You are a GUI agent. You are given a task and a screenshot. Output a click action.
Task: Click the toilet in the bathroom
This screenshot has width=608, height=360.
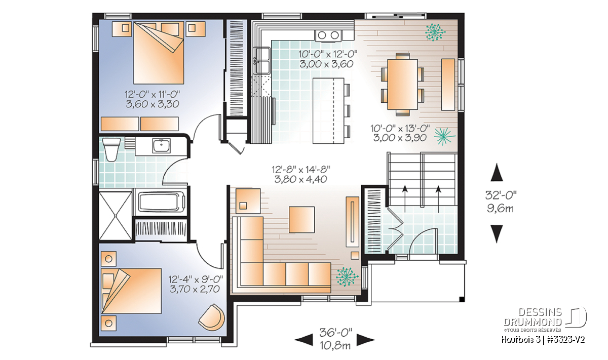pyautogui.click(x=112, y=149)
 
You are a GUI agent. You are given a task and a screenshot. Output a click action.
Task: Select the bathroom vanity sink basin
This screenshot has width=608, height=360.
pyautogui.click(x=161, y=146)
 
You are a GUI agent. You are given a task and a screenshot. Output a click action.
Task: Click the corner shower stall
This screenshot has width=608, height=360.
pyautogui.click(x=116, y=216)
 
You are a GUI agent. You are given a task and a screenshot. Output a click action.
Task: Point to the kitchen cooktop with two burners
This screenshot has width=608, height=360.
pyautogui.click(x=328, y=35)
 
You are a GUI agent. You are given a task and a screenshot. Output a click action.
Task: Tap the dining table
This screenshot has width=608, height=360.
pyautogui.click(x=402, y=85)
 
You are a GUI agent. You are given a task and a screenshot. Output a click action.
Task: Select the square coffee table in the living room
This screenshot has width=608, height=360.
pyautogui.click(x=301, y=219)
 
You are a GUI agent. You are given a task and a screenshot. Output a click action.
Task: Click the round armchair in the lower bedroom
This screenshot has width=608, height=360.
pyautogui.click(x=212, y=316)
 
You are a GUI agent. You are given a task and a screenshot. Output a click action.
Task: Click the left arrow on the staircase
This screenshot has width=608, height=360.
pyautogui.click(x=405, y=198)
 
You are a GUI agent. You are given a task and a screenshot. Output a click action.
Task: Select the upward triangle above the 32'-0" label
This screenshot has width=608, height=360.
pyautogui.click(x=497, y=172)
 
